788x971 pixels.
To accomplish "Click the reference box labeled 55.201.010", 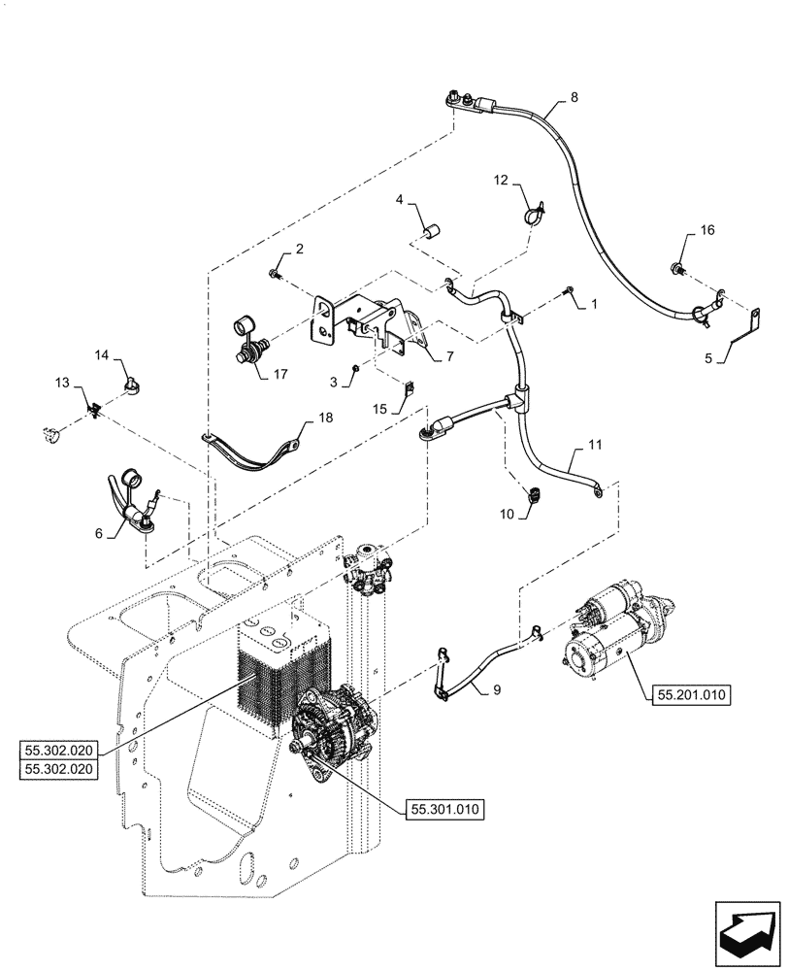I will pos(687,694).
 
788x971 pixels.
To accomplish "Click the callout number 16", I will pos(706,230).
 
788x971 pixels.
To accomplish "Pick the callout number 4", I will pos(399,200).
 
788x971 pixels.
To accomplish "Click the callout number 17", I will pos(280,374).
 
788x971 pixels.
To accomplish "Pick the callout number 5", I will pos(708,358).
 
